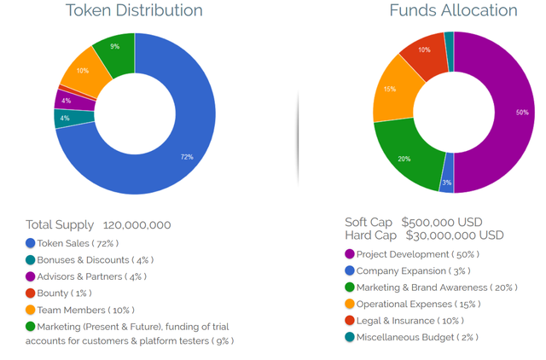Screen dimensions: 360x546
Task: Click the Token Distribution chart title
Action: pos(135,11)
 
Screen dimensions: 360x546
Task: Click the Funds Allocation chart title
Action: pos(453,11)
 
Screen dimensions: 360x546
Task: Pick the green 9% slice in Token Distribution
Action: pos(114,49)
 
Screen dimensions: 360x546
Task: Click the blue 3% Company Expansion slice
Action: pos(447,180)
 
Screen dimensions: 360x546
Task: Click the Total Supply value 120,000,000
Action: pos(136,225)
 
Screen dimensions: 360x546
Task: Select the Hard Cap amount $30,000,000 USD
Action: pos(454,235)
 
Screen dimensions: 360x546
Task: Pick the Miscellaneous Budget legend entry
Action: pos(417,337)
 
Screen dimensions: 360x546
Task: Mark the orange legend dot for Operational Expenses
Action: pos(350,304)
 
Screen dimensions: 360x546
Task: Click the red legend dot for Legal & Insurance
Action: pos(350,320)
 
